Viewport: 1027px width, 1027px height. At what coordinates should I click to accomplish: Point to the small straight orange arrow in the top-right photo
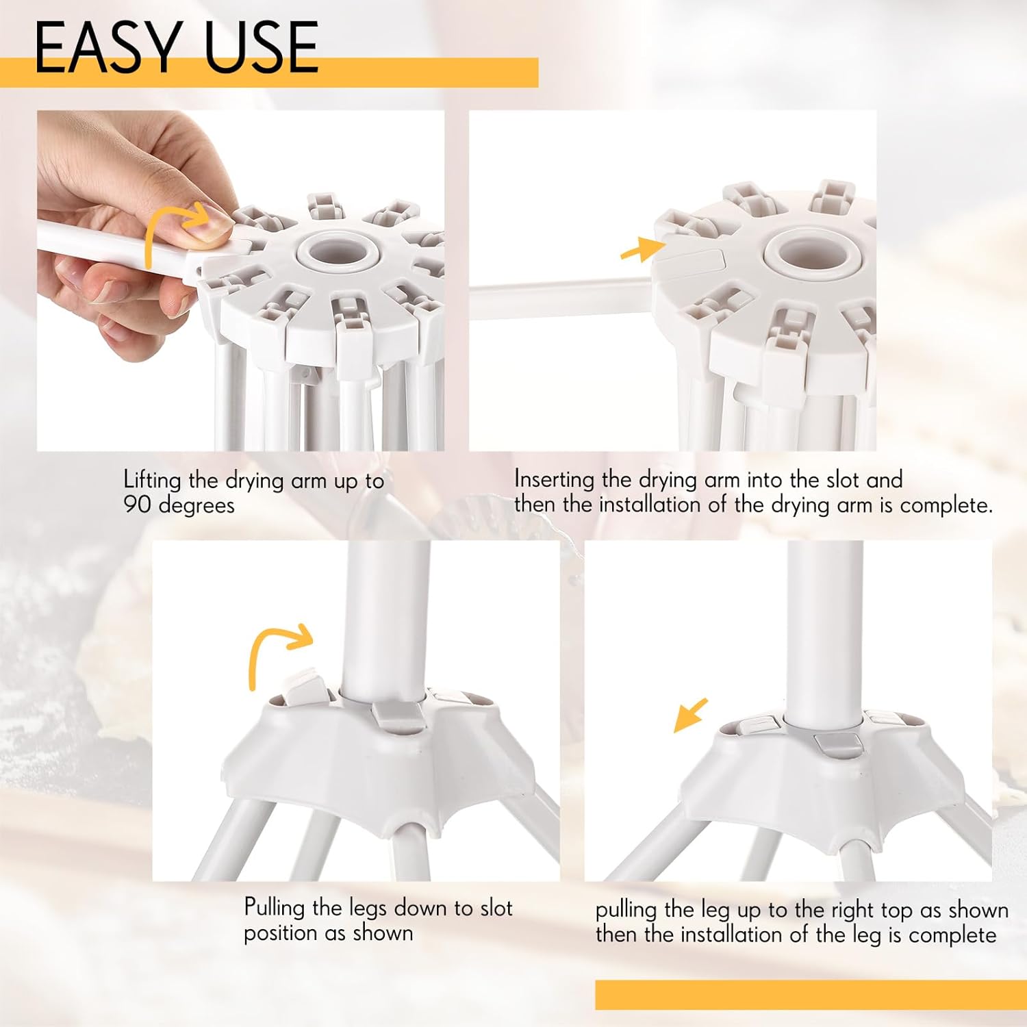(642, 248)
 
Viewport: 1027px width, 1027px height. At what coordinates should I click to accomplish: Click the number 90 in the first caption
(138, 505)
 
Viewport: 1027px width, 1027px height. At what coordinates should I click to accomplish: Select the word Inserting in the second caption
(555, 480)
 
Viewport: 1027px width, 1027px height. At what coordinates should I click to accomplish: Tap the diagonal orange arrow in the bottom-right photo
(690, 715)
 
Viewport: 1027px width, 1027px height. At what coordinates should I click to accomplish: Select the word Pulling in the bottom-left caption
(275, 909)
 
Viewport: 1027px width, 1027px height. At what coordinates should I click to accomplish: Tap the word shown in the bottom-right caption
(978, 910)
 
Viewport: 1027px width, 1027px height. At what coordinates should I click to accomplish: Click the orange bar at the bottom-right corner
(811, 995)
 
